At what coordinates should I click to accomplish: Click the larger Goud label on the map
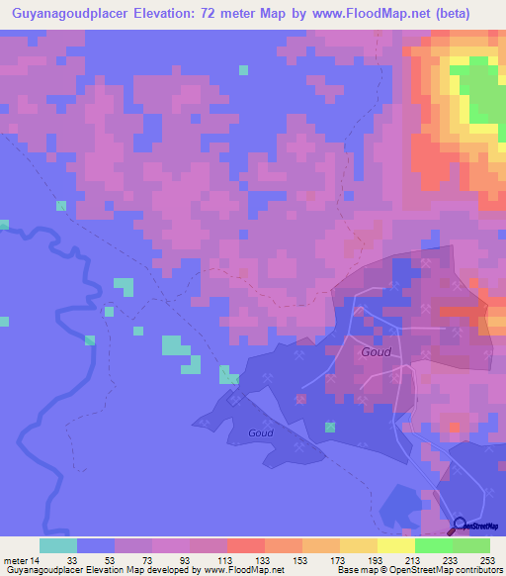point(376,351)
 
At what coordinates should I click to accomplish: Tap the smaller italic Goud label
point(260,432)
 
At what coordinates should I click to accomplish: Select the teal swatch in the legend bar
point(57,545)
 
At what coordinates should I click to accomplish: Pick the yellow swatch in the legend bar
point(395,545)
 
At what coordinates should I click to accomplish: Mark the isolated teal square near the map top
point(243,69)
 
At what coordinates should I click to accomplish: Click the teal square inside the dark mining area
point(330,428)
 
